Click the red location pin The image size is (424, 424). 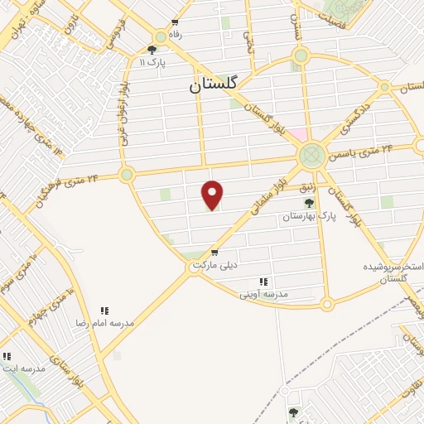tap(213, 194)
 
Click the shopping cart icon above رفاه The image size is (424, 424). tap(175, 23)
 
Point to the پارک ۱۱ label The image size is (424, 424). tap(152, 61)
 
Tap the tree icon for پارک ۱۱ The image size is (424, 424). tap(152, 50)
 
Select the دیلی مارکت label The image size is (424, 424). tap(214, 265)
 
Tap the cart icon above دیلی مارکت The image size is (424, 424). tap(214, 253)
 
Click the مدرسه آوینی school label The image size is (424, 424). tap(263, 294)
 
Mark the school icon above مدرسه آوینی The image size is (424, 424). tap(263, 282)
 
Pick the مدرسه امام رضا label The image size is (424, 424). tap(104, 322)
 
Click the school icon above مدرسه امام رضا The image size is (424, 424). tap(104, 311)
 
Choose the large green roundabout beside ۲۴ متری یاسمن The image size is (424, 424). tap(312, 154)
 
